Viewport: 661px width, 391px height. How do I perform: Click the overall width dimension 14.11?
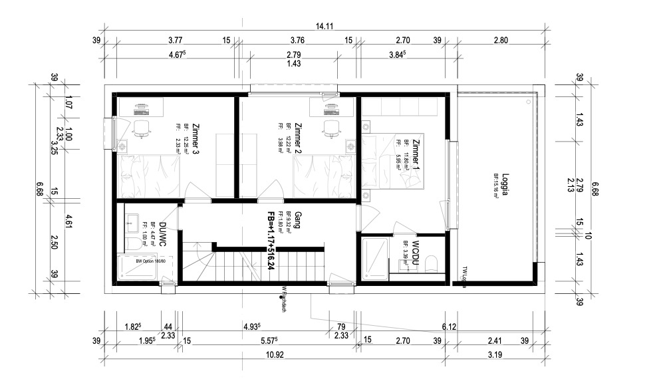(324, 27)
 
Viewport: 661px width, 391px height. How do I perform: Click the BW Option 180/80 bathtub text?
(150, 261)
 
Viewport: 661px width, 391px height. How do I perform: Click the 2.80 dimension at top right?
(500, 40)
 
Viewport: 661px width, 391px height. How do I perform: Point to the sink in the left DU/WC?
(131, 223)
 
